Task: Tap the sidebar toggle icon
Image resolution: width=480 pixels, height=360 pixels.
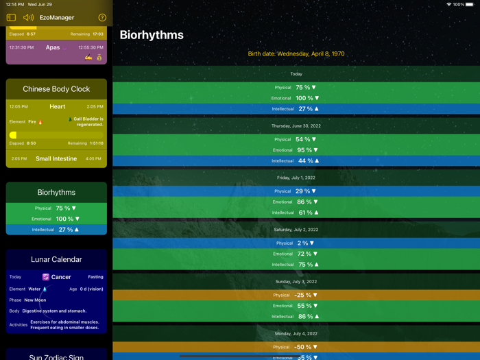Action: tap(11, 18)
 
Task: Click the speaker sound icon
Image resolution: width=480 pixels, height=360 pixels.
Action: tap(28, 18)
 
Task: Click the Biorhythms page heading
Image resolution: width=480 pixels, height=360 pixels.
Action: tap(152, 35)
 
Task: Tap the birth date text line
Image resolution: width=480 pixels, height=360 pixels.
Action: tap(296, 53)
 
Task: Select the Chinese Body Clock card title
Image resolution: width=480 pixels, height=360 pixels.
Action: tap(56, 89)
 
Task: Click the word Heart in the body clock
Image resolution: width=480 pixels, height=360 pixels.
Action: tap(58, 107)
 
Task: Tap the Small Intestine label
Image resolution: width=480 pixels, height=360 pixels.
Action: tap(56, 158)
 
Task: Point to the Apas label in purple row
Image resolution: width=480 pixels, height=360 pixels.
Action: tap(53, 48)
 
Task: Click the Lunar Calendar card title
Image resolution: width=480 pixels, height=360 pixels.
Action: tap(56, 259)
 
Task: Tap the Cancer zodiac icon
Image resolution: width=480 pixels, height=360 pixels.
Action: tap(46, 277)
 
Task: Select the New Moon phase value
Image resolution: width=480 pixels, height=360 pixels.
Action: tap(35, 300)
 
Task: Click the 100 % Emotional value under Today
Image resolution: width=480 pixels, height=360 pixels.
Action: tap(307, 98)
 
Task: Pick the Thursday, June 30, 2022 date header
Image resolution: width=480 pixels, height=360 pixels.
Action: tap(296, 126)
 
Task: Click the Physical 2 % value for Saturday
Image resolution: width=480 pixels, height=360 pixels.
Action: tap(305, 243)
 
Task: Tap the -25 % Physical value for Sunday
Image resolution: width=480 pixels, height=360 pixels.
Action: tap(305, 295)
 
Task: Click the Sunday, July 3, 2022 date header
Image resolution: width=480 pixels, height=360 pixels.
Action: tap(296, 282)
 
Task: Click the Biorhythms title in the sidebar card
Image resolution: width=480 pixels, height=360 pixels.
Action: tap(56, 193)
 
